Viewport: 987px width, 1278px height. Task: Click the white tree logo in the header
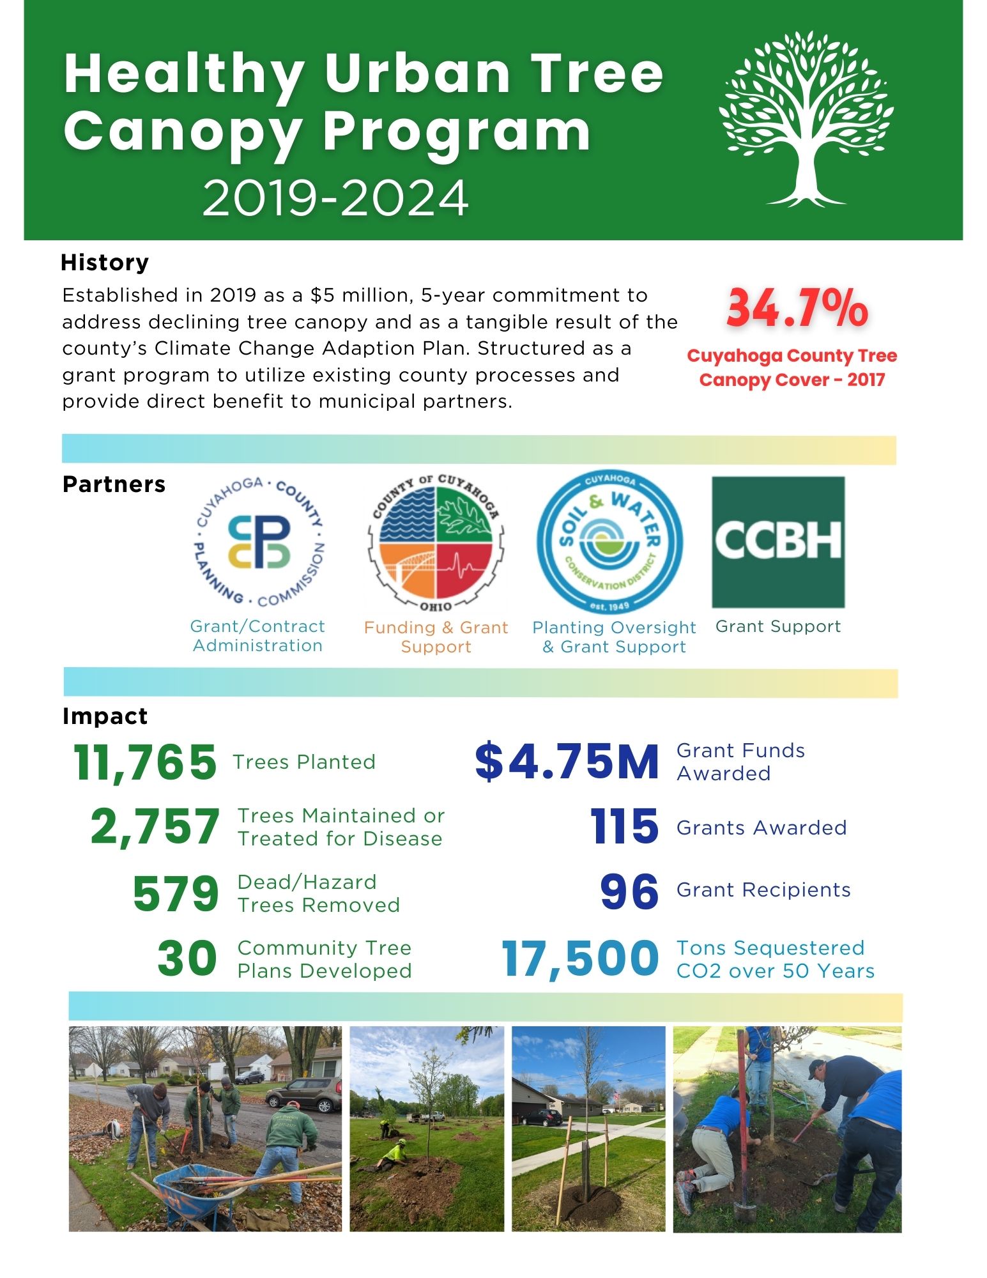pos(806,118)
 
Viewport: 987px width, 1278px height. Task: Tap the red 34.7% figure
pos(797,309)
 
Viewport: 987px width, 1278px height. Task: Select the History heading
pos(105,263)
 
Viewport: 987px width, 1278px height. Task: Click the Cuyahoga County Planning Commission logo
pos(259,541)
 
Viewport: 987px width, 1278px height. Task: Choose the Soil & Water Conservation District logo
pos(610,543)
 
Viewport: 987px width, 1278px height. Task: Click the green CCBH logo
pos(778,542)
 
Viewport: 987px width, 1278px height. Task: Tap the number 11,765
pos(145,762)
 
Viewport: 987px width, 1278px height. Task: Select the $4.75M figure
pos(567,762)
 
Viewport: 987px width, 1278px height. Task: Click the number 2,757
pos(155,827)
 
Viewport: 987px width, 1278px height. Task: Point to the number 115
pos(624,827)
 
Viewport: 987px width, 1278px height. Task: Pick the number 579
pos(176,893)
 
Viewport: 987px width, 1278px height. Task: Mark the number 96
pos(629,892)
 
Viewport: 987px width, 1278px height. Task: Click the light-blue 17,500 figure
pos(580,958)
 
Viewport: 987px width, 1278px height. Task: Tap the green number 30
pos(187,958)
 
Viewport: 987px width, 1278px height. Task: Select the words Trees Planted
pos(304,762)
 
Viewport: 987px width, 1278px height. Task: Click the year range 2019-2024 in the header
pos(335,198)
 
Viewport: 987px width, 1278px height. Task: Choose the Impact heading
pos(105,716)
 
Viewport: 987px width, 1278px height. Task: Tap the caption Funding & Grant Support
pos(436,637)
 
